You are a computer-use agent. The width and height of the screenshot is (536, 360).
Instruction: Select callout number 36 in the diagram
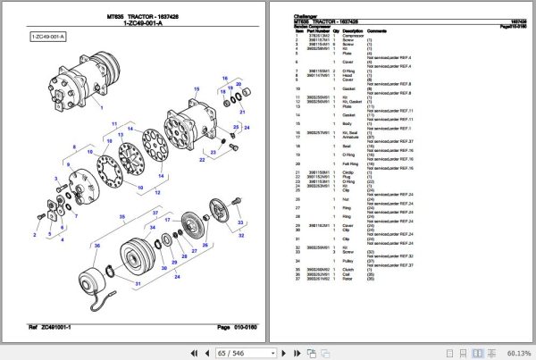(97, 245)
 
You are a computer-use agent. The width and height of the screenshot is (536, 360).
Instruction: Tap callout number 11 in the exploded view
(113, 121)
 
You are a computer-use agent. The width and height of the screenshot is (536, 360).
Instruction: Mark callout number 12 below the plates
(158, 193)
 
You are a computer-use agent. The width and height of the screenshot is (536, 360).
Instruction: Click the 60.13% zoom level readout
(516, 352)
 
